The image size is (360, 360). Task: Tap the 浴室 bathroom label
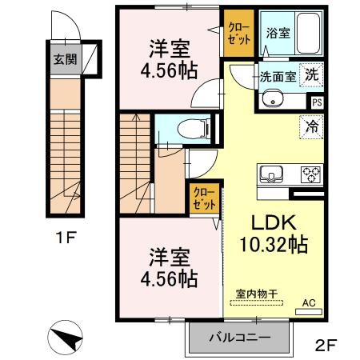pos(278,34)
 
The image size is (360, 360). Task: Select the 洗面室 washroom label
pos(276,78)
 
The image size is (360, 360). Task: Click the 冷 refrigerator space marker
pos(311,126)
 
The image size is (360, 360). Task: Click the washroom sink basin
pos(272,101)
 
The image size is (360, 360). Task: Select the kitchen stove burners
pos(310,174)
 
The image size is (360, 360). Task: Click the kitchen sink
pos(269,174)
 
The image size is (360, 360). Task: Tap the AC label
pos(309,303)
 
